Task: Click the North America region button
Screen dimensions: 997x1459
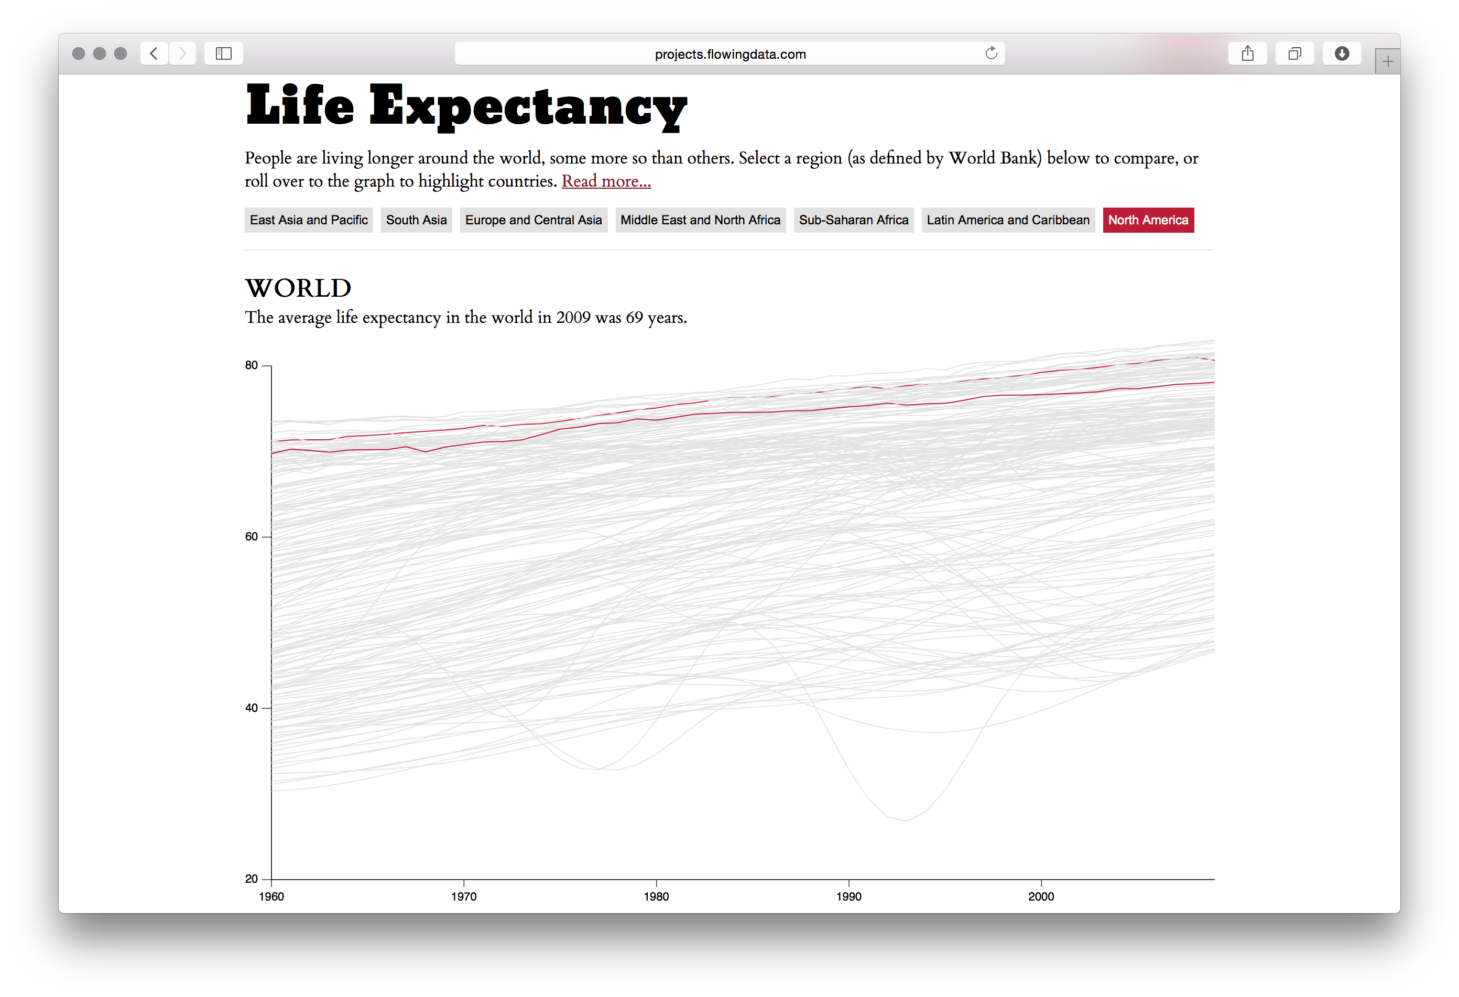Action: pyautogui.click(x=1148, y=220)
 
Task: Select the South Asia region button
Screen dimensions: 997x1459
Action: pyautogui.click(x=416, y=220)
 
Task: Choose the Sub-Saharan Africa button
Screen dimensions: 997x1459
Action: pyautogui.click(x=853, y=220)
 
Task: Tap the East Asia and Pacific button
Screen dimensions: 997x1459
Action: pyautogui.click(x=308, y=220)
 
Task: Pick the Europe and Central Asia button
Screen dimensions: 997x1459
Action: pyautogui.click(x=533, y=220)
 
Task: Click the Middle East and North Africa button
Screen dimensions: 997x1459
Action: pyautogui.click(x=700, y=220)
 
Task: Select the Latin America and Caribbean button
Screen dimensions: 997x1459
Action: pyautogui.click(x=1008, y=220)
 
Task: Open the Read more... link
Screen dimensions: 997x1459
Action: pyautogui.click(x=606, y=181)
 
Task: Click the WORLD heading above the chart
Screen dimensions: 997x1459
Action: pyautogui.click(x=298, y=288)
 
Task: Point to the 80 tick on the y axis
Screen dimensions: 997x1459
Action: pyautogui.click(x=252, y=365)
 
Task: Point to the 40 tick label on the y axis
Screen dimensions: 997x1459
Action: pyautogui.click(x=252, y=708)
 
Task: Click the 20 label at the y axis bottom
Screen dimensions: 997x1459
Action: pyautogui.click(x=252, y=879)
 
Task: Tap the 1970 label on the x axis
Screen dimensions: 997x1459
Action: pyautogui.click(x=463, y=896)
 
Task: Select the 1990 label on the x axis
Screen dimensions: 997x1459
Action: pyautogui.click(x=848, y=896)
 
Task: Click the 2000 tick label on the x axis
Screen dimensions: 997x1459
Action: pyautogui.click(x=1041, y=896)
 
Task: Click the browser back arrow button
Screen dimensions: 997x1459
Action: pyautogui.click(x=154, y=53)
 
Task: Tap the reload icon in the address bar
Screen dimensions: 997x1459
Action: pyautogui.click(x=990, y=53)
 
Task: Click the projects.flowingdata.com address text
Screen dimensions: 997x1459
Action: pyautogui.click(x=730, y=55)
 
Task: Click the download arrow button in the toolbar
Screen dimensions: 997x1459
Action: pyautogui.click(x=1342, y=53)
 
